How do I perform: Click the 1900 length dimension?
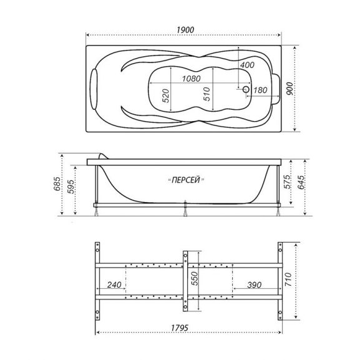point(185,30)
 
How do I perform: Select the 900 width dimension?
point(289,89)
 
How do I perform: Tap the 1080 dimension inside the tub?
point(192,79)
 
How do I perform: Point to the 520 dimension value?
point(165,95)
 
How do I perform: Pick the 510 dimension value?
point(207,94)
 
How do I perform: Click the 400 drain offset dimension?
point(247,65)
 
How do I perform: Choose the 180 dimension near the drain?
point(260,90)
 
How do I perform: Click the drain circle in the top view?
point(246,89)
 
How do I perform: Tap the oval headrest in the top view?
point(94,89)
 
